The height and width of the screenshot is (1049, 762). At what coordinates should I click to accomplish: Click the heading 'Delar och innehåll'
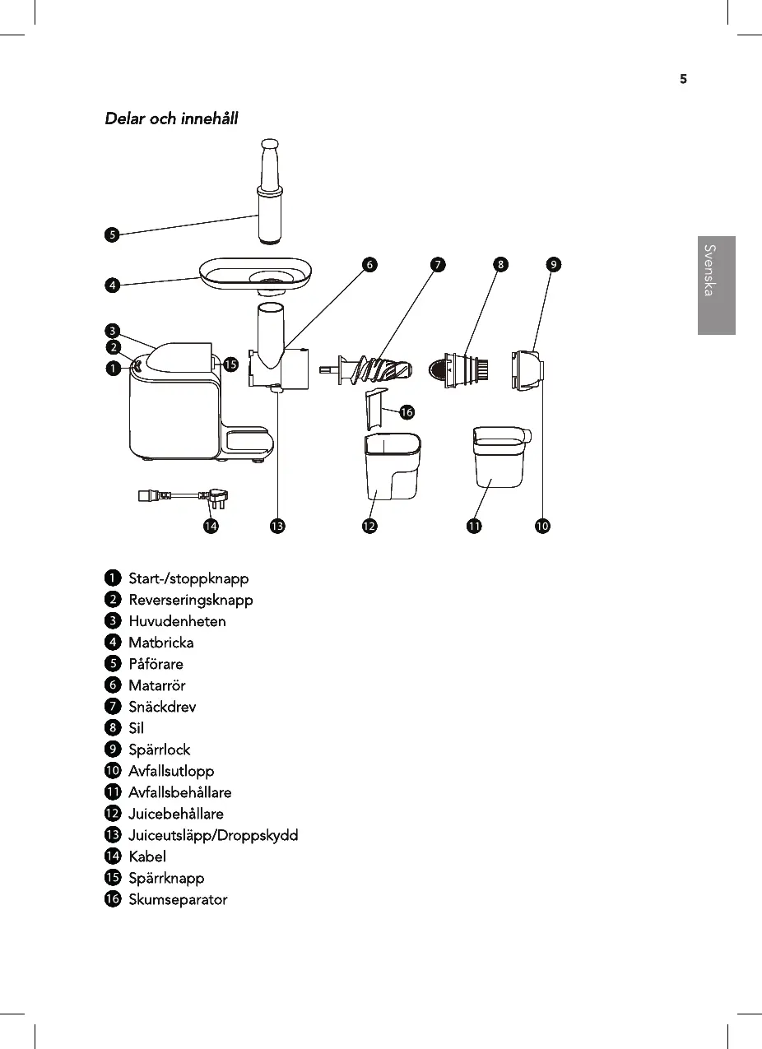[x=171, y=118]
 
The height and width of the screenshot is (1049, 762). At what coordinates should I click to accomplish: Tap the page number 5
[x=682, y=80]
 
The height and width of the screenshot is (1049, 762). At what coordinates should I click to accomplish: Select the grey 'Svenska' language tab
[x=716, y=285]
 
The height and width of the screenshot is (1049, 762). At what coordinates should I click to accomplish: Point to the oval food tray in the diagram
[x=255, y=275]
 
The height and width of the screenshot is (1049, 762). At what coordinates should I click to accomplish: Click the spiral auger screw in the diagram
[x=374, y=369]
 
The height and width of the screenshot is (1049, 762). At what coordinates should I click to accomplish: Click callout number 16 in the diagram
[x=406, y=412]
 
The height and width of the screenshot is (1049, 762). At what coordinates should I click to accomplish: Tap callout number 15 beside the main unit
[x=231, y=364]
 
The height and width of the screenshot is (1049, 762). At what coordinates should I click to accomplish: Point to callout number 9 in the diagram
[x=555, y=264]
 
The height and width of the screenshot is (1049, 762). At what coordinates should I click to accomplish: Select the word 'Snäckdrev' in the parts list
[x=162, y=707]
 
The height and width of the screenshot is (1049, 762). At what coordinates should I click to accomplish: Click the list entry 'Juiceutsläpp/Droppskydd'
[x=213, y=835]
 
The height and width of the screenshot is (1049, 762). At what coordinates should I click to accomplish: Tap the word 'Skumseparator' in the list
[x=178, y=899]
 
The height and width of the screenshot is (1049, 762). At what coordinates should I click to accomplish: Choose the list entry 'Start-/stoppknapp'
[x=188, y=578]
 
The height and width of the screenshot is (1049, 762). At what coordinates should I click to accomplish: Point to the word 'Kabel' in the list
[x=147, y=856]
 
